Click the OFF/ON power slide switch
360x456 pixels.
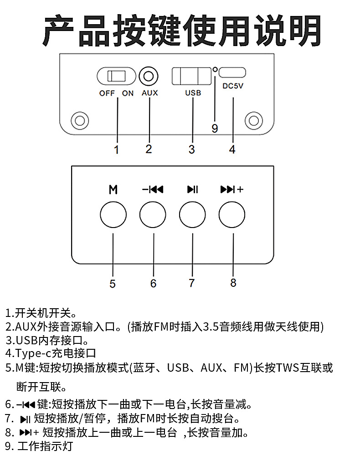tap(116, 76)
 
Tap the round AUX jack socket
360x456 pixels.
tap(149, 76)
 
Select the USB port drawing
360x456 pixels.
tap(191, 76)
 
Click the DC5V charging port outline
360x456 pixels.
tap(232, 73)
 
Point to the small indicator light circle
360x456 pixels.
tap(215, 69)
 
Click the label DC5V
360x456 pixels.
tap(233, 86)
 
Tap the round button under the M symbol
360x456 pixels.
tap(113, 215)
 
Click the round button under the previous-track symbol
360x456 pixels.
tap(153, 215)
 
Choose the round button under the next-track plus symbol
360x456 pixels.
tap(232, 215)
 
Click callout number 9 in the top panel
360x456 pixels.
tap(215, 128)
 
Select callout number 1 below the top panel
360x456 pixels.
tap(116, 150)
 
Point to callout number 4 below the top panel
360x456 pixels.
tap(232, 150)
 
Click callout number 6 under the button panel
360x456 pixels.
tap(154, 283)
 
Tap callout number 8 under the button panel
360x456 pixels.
tap(233, 283)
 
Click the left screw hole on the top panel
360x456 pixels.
tap(80, 121)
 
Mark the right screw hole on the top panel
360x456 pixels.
tap(254, 120)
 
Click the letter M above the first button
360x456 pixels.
tap(113, 190)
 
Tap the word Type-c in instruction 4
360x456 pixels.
tap(33, 354)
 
